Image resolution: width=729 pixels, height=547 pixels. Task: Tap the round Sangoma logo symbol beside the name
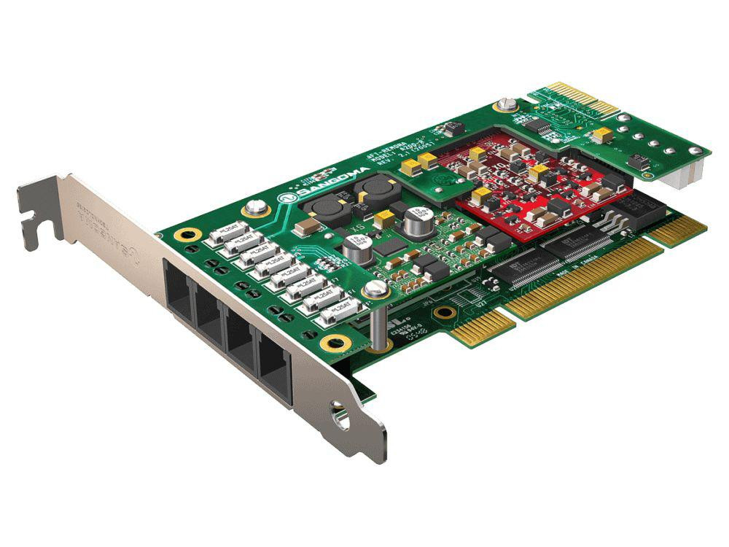pyautogui.click(x=290, y=198)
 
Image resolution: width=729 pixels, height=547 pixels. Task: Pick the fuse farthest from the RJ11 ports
pyautogui.click(x=222, y=233)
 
